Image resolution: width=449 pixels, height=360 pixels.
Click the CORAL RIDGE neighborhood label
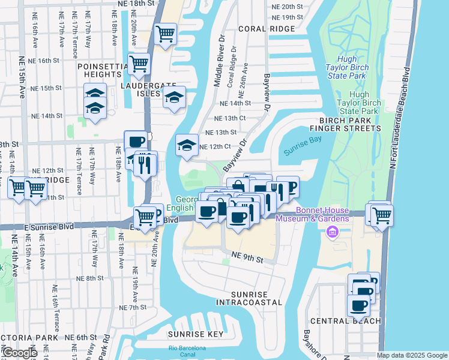(x=266, y=28)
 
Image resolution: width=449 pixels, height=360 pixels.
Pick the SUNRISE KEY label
(x=196, y=334)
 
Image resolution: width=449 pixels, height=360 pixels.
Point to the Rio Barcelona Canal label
(x=187, y=352)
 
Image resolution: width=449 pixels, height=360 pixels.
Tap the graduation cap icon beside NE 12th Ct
(x=187, y=145)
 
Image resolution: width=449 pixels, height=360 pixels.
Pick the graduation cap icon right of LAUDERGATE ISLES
(x=174, y=97)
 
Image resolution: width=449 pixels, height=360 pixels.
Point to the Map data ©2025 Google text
(x=412, y=355)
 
